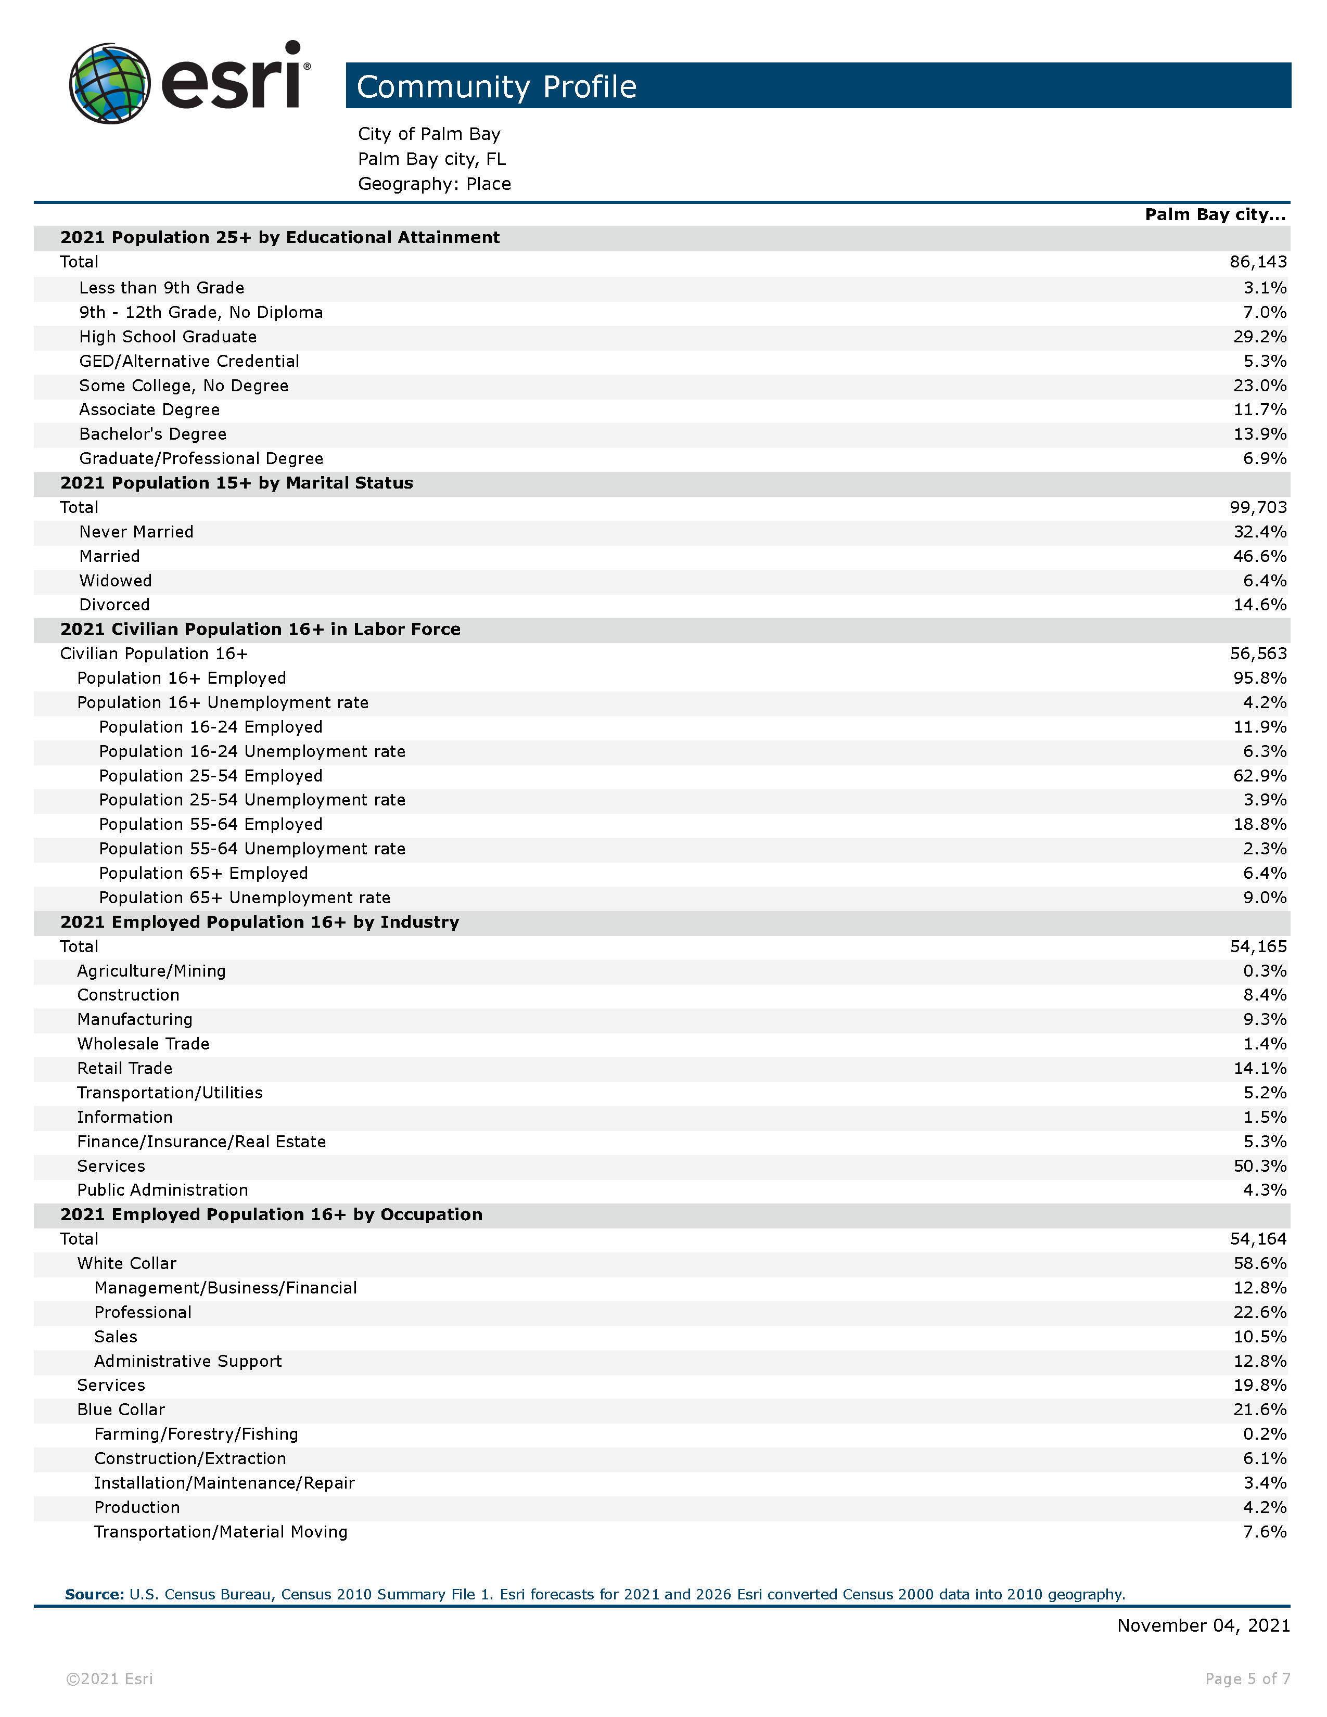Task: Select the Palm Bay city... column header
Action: point(1215,214)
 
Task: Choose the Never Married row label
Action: point(136,532)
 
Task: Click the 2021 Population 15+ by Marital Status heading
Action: point(237,483)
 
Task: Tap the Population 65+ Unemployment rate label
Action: point(245,898)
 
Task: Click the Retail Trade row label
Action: point(124,1068)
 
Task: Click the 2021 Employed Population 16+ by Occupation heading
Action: point(271,1214)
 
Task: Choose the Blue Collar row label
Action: point(121,1410)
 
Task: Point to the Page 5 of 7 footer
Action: point(1247,1679)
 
